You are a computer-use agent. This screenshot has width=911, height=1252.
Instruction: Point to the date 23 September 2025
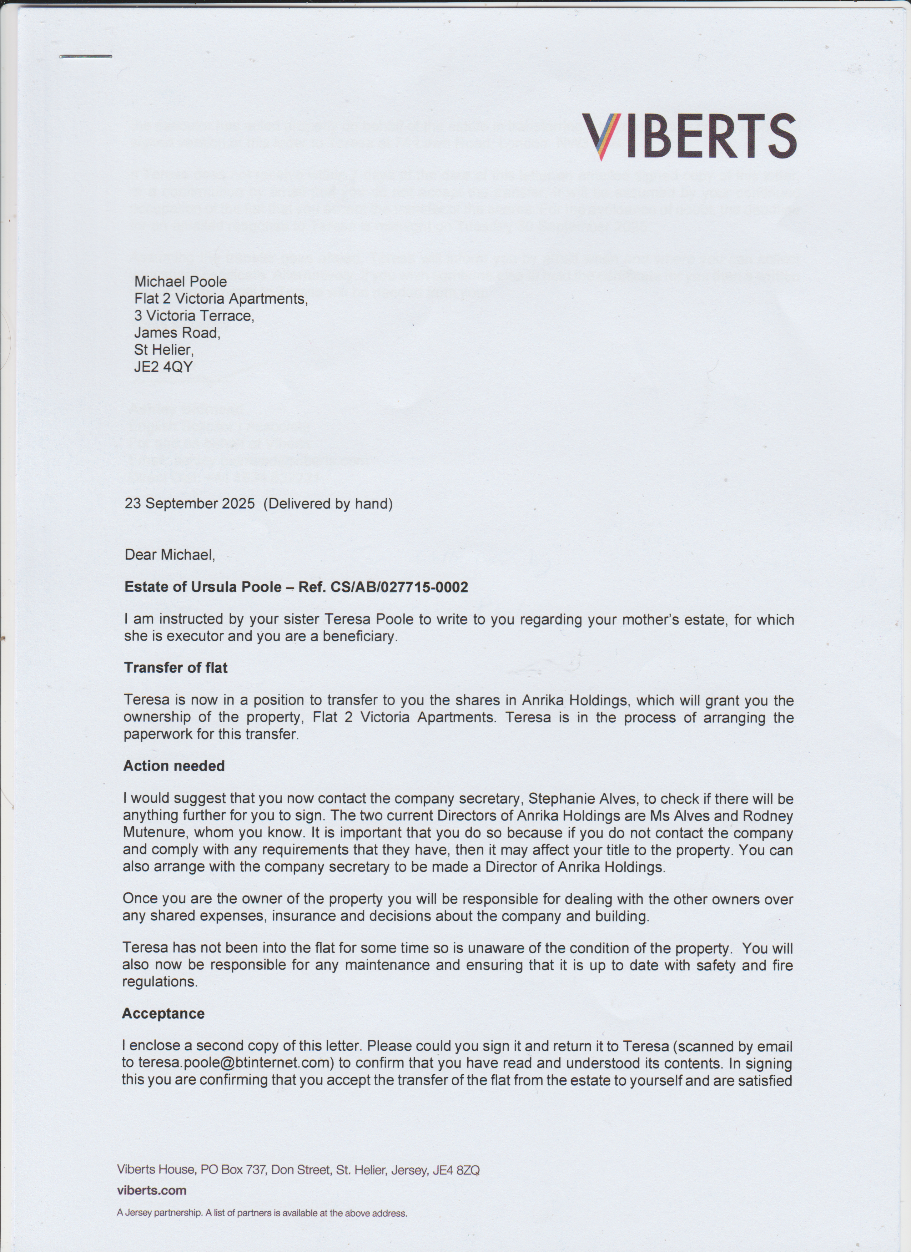point(190,504)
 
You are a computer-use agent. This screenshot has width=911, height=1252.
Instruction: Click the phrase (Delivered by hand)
point(328,504)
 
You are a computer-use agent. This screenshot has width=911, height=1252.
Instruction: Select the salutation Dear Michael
point(170,555)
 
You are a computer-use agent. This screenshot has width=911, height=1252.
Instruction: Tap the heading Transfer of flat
point(176,668)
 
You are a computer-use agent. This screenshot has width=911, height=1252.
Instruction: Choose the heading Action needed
point(174,766)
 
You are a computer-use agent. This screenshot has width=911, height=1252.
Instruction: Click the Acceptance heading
point(163,1014)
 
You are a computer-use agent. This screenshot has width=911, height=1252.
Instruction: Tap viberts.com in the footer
point(151,1190)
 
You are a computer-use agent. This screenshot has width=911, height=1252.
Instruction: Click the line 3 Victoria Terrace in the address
point(194,316)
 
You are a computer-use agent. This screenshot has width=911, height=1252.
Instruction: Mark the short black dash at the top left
point(86,56)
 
